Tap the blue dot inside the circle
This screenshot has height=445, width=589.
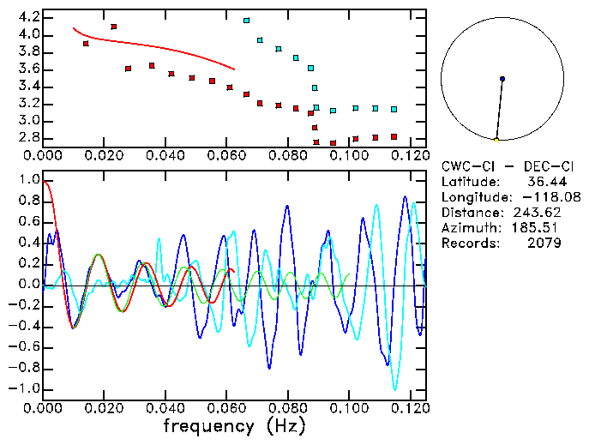click(502, 79)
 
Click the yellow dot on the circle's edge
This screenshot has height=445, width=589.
click(496, 139)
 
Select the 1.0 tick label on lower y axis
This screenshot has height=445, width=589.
click(28, 181)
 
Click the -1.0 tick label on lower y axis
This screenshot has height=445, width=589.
click(26, 388)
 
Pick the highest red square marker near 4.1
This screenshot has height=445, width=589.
click(114, 27)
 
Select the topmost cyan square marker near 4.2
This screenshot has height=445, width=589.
click(247, 20)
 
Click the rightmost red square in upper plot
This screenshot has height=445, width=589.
click(394, 136)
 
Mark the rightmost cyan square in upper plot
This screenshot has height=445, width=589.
click(394, 109)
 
